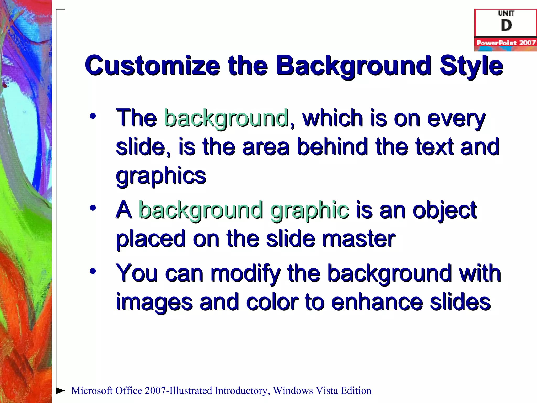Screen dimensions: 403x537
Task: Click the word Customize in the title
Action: tap(152, 66)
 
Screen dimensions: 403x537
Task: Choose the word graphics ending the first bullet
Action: tap(161, 175)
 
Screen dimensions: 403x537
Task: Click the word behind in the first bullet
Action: tap(333, 147)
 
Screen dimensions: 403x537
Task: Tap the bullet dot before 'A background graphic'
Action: tap(93, 208)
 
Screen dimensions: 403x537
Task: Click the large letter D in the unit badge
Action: tap(506, 26)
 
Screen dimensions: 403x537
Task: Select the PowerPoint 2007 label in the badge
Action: tap(506, 43)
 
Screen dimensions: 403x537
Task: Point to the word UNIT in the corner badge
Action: tap(506, 13)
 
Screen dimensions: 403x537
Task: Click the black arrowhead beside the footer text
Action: tap(61, 390)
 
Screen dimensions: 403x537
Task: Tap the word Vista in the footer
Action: tap(326, 391)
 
